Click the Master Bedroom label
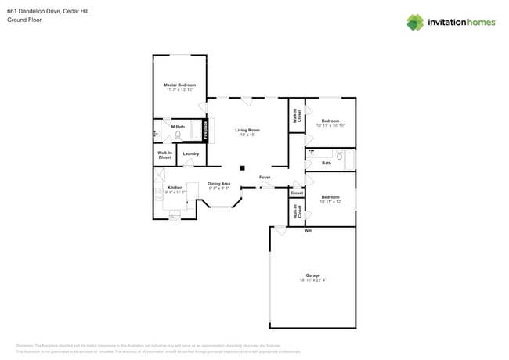click(179, 85)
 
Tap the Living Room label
click(248, 130)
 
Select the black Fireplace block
click(206, 130)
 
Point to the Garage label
click(312, 275)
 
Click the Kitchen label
click(175, 187)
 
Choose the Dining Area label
click(218, 184)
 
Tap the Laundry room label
click(191, 153)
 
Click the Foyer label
click(265, 178)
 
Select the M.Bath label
click(178, 127)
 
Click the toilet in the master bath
click(178, 135)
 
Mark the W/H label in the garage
click(309, 231)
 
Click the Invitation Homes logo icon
click(414, 23)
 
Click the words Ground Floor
click(24, 20)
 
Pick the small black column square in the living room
click(244, 167)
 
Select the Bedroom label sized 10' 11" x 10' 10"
click(330, 121)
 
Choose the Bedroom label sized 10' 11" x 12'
click(330, 197)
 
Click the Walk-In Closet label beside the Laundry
click(164, 155)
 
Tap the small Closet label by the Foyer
click(297, 193)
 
